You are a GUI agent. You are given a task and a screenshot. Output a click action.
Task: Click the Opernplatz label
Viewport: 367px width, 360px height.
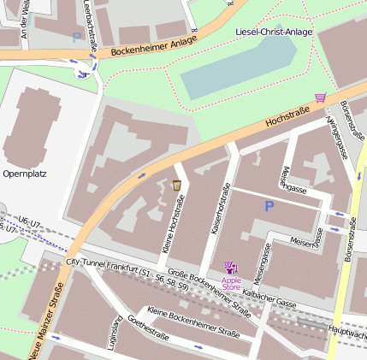[25, 173]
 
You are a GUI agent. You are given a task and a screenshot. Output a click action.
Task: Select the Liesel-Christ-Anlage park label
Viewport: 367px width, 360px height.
[274, 32]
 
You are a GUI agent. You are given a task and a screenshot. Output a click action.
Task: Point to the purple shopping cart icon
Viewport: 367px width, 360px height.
[321, 98]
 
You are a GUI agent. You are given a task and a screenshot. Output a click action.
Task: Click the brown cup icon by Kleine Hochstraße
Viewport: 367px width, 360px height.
[176, 185]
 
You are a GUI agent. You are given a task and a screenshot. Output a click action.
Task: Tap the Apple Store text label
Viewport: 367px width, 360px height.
[231, 283]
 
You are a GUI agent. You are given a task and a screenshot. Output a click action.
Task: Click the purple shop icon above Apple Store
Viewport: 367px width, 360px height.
[229, 267]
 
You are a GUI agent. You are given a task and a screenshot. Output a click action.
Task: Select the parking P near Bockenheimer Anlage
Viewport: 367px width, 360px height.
[76, 37]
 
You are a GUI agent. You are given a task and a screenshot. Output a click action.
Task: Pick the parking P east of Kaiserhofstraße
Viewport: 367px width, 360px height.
[269, 206]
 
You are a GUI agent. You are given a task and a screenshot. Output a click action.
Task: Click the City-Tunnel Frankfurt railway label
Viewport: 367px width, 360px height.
[127, 274]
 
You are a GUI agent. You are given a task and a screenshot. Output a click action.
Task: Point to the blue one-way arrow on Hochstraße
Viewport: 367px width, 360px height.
[141, 176]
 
